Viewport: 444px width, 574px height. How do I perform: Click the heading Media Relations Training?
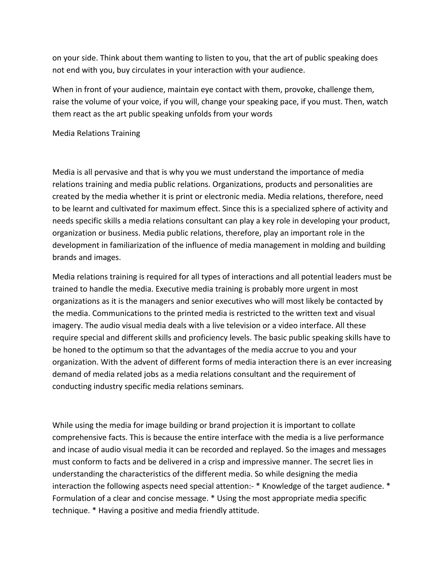point(96,133)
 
